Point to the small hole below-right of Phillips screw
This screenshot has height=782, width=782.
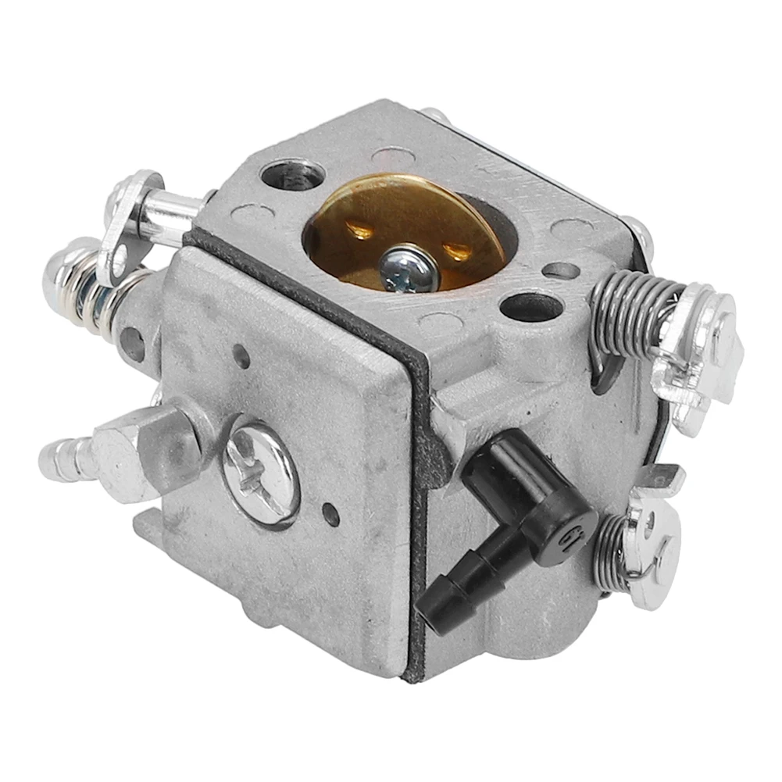click(334, 516)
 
